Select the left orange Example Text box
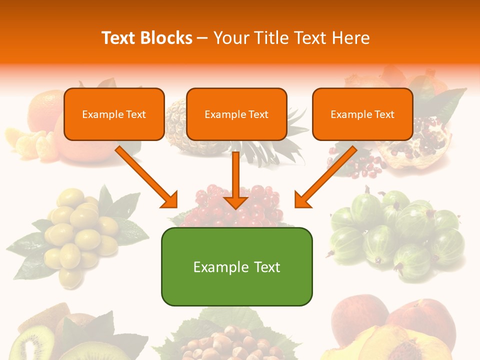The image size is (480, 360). pyautogui.click(x=114, y=114)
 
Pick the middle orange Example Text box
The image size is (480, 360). pyautogui.click(x=236, y=114)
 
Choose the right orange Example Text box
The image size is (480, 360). pyautogui.click(x=362, y=114)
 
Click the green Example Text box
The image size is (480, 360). pyautogui.click(x=236, y=267)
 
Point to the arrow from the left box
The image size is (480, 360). pyautogui.click(x=146, y=176)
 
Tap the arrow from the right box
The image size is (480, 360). pyautogui.click(x=325, y=176)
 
